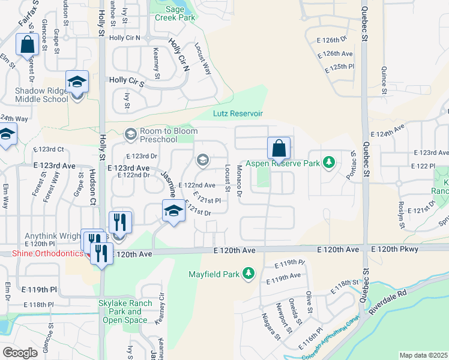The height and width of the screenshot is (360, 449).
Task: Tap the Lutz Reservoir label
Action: [238, 113]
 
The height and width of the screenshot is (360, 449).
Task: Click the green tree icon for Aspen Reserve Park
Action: [328, 163]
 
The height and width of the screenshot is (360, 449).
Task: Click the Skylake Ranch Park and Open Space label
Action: [125, 311]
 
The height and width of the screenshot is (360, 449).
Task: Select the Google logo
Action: [20, 353]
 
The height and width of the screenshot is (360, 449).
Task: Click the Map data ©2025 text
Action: [423, 355]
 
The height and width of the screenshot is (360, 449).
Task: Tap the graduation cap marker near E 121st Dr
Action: [173, 211]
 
